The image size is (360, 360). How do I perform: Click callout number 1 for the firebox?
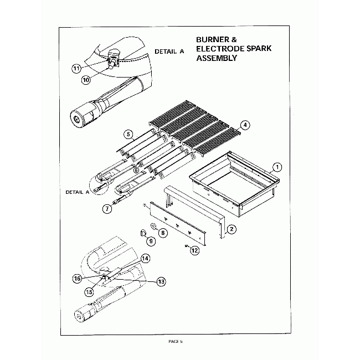pos(278,166)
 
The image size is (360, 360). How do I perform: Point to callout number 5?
pos(128,134)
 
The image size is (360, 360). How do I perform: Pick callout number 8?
pos(163,234)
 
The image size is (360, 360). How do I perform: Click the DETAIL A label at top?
pos(169,52)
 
